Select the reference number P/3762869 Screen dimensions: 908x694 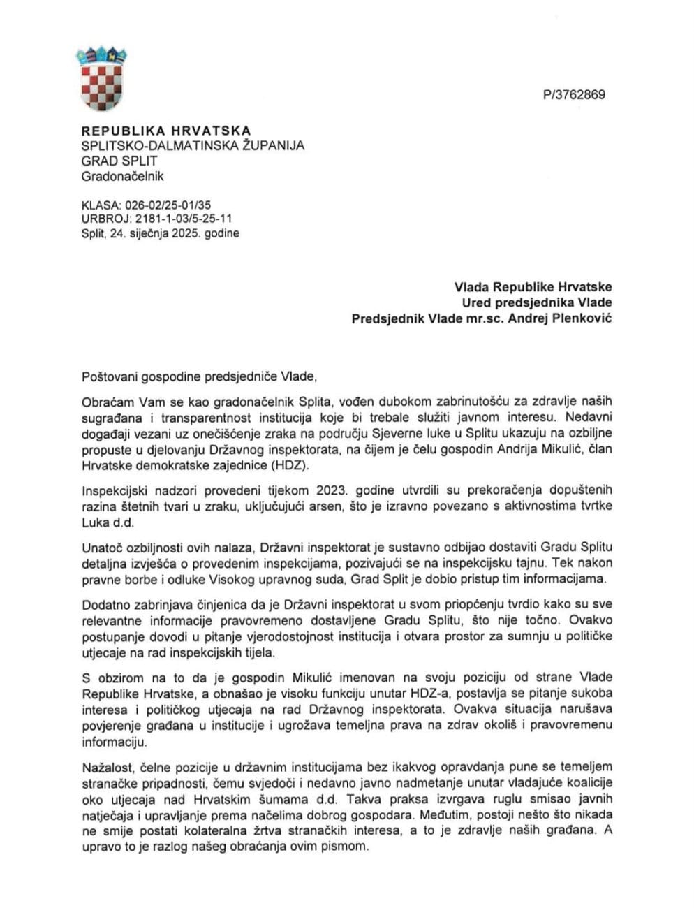573,95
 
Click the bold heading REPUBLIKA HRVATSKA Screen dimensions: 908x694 166,131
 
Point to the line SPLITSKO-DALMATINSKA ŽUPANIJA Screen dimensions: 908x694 193,146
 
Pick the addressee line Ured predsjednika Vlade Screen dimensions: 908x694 536,302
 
